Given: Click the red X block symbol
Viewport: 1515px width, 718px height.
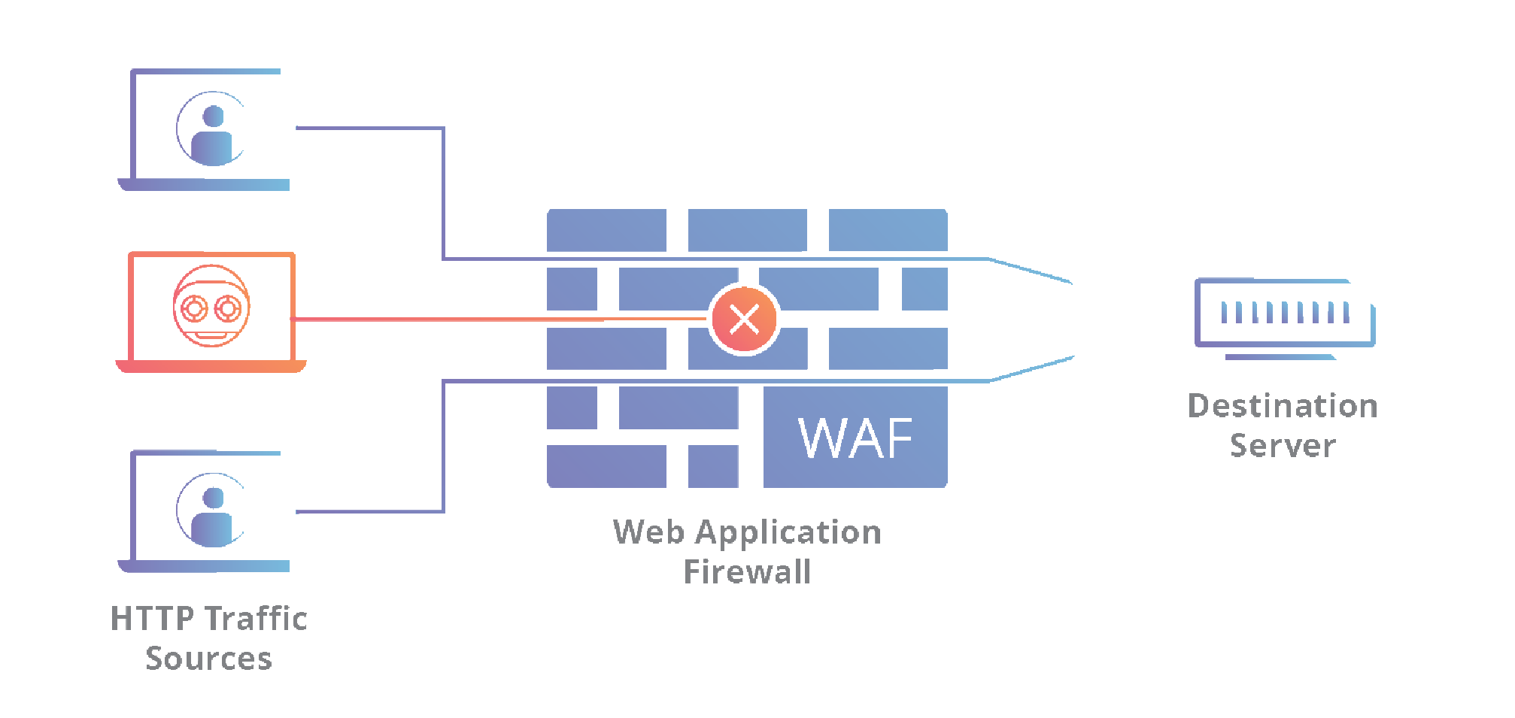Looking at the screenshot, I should [745, 320].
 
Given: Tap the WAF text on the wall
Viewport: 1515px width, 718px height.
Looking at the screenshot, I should [855, 438].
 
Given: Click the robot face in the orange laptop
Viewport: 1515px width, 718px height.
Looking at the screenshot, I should [211, 306].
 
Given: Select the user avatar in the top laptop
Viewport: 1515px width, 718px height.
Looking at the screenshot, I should [213, 130].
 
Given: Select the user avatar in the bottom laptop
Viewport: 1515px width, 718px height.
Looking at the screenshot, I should [213, 511].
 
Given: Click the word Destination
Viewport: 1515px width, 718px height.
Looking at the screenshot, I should [1283, 407].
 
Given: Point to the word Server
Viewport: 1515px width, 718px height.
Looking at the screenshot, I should [1283, 446].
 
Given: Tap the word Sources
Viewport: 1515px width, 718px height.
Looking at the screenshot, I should [208, 659].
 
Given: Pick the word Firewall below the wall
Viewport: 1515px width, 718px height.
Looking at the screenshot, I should [747, 572].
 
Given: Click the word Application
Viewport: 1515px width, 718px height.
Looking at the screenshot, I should [788, 532].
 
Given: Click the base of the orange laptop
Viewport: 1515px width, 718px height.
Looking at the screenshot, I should [211, 366].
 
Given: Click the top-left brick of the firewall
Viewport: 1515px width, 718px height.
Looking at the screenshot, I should [606, 230].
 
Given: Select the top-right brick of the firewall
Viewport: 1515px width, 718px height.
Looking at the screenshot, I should [888, 230].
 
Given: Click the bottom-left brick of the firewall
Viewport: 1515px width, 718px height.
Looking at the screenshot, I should [606, 466].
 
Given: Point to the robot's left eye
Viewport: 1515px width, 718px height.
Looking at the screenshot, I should [194, 308].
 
